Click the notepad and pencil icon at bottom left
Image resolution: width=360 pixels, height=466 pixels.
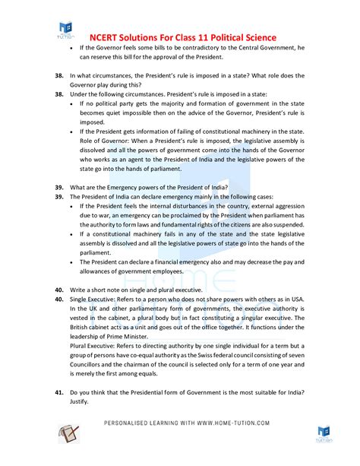tap(69, 433)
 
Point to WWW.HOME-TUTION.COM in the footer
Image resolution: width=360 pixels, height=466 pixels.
tap(226, 423)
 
